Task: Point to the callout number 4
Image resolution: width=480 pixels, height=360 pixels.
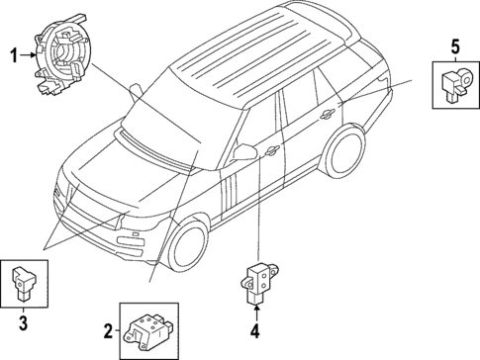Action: pos(254,331)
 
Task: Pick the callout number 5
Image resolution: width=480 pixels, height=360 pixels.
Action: pos(454,45)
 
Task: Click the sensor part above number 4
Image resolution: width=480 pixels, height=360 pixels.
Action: pos(258,281)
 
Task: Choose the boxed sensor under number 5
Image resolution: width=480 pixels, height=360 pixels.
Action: pos(455,85)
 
